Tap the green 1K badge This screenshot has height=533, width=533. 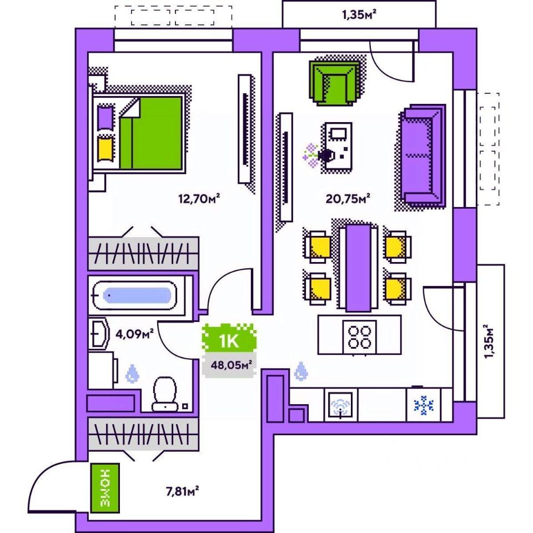click(x=229, y=339)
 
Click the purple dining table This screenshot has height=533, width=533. click(x=358, y=267)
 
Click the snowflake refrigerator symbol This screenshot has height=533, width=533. click(x=424, y=405)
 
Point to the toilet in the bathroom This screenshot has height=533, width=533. click(x=165, y=394)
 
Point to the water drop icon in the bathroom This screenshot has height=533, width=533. click(x=132, y=373)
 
